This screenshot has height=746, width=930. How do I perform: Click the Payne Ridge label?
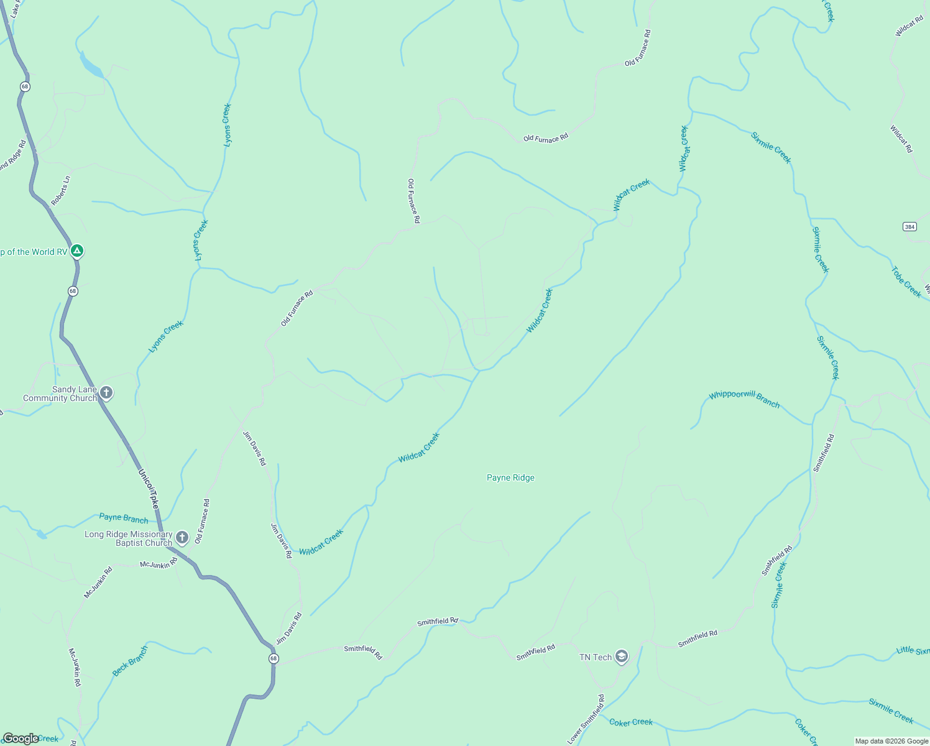pyautogui.click(x=510, y=477)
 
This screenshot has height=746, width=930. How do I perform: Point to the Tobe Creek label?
pyautogui.click(x=906, y=282)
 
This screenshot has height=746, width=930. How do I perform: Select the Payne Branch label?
pyautogui.click(x=124, y=518)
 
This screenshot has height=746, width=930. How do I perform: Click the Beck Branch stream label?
pyautogui.click(x=130, y=661)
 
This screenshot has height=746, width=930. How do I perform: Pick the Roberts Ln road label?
pyautogui.click(x=61, y=191)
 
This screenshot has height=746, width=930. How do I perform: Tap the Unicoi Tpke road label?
pyautogui.click(x=148, y=488)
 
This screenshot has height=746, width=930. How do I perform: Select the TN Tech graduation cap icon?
pyautogui.click(x=621, y=656)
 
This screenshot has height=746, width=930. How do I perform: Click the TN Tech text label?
pyautogui.click(x=595, y=657)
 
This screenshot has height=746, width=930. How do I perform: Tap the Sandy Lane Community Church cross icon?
pyautogui.click(x=106, y=393)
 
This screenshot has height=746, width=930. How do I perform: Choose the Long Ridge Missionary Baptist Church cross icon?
pyautogui.click(x=182, y=537)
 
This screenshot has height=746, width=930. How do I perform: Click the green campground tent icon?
pyautogui.click(x=76, y=251)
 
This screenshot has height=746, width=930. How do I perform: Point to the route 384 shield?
pyautogui.click(x=909, y=227)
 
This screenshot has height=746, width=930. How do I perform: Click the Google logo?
pyautogui.click(x=21, y=739)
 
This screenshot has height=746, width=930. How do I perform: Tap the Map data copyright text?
pyautogui.click(x=891, y=741)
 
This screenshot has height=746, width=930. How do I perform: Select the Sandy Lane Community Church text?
pyautogui.click(x=60, y=394)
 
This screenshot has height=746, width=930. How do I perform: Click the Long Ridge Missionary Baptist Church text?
pyautogui.click(x=129, y=538)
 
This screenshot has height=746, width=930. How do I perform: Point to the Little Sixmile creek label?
pyautogui.click(x=913, y=650)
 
